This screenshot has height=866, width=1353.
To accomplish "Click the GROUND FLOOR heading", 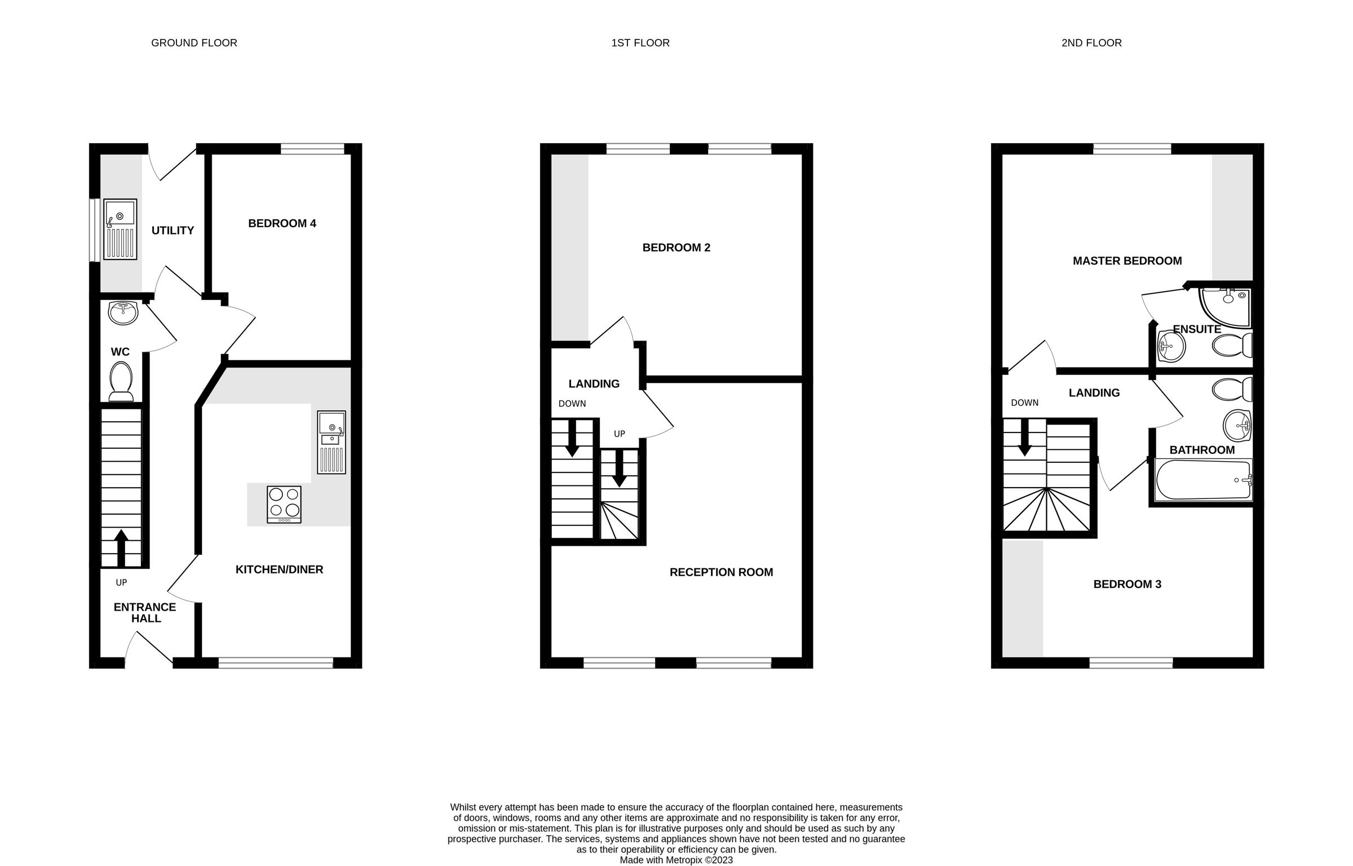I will click(194, 43).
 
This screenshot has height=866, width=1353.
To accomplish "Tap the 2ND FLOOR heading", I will click(1091, 43).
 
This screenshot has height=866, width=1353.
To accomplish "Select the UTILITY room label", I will click(173, 230).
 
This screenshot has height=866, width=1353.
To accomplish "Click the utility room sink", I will click(120, 229).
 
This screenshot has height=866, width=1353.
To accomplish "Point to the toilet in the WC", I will click(121, 381).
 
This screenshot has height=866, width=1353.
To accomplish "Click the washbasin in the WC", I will click(123, 313).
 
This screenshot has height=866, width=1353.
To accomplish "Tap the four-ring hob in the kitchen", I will click(284, 503).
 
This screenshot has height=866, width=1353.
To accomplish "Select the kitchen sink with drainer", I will click(331, 442).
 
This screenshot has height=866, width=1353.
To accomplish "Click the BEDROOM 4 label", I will click(282, 223).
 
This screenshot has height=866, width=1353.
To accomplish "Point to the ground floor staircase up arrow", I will click(121, 547).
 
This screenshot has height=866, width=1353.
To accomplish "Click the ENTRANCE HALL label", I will click(145, 612).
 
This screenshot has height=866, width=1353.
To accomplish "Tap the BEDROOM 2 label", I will click(676, 248).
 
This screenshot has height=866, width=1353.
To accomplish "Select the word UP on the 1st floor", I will click(619, 434).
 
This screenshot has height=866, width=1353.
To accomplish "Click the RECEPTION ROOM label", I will click(721, 572).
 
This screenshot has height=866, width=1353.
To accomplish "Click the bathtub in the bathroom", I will click(1202, 480).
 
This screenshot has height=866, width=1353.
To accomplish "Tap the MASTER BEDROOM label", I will click(1127, 261).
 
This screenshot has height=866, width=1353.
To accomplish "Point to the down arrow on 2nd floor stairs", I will click(1024, 439).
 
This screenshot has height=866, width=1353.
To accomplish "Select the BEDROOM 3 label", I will click(1127, 584).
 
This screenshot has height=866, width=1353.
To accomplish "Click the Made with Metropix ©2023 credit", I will click(676, 860).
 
